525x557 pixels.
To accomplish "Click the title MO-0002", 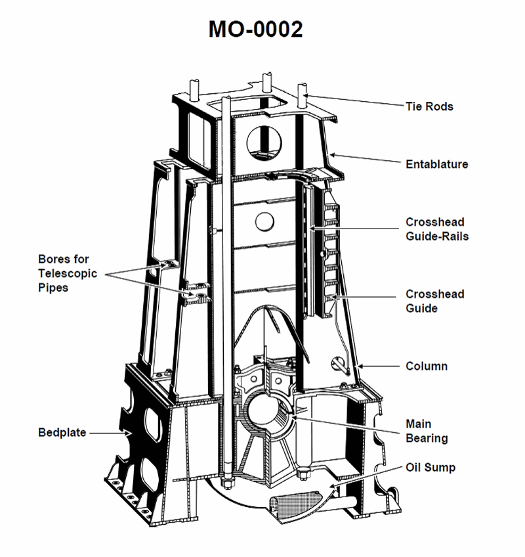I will coord(256,29).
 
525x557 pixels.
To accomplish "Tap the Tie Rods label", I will coord(429,106).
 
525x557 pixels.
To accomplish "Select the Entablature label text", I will coord(437,164).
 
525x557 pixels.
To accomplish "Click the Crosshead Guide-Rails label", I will coord(437,229).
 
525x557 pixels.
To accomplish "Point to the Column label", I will coord(427,366).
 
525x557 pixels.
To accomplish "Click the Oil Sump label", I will coord(430,468).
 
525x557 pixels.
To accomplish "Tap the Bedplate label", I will coord(62,433).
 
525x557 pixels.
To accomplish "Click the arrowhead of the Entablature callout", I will coord(332,156).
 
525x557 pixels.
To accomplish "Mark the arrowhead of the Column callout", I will coord(355,364).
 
